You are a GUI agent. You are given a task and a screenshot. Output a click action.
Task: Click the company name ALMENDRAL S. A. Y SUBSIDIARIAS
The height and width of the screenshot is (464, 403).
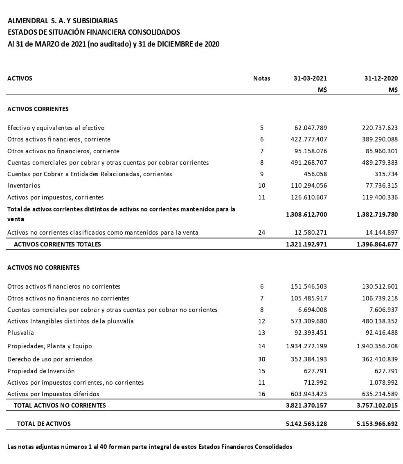point(63,21)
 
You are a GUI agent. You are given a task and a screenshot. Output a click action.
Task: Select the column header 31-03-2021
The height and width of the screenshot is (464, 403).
point(310,78)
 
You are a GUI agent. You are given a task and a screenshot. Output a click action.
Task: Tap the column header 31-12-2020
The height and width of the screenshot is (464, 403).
point(381,78)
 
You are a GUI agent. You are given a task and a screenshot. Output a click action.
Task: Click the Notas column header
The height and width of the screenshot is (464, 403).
point(261,78)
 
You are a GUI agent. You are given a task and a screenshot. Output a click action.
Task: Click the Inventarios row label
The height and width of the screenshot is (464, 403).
point(24,186)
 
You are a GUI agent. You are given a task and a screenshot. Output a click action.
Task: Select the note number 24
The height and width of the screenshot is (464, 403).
point(261,233)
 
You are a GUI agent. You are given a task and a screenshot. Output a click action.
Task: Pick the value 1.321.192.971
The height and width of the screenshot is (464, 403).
point(306,244)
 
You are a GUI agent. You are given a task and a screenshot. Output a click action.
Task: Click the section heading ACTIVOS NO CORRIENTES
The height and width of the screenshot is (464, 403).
point(43,268)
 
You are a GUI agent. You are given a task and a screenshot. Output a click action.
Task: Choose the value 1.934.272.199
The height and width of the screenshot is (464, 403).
point(306,346)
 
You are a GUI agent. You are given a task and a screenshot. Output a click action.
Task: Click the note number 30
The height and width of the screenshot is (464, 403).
point(261,359)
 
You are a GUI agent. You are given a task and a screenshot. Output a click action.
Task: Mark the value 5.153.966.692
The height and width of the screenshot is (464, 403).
point(377,424)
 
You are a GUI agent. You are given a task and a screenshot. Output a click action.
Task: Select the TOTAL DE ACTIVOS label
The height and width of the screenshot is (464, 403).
point(44,424)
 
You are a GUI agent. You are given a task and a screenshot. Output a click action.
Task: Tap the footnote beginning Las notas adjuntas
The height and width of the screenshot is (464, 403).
point(150,447)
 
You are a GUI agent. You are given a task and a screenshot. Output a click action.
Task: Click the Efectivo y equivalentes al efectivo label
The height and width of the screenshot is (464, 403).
point(56,128)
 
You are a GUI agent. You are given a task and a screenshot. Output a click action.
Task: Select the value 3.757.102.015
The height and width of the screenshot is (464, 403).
point(377,406)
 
